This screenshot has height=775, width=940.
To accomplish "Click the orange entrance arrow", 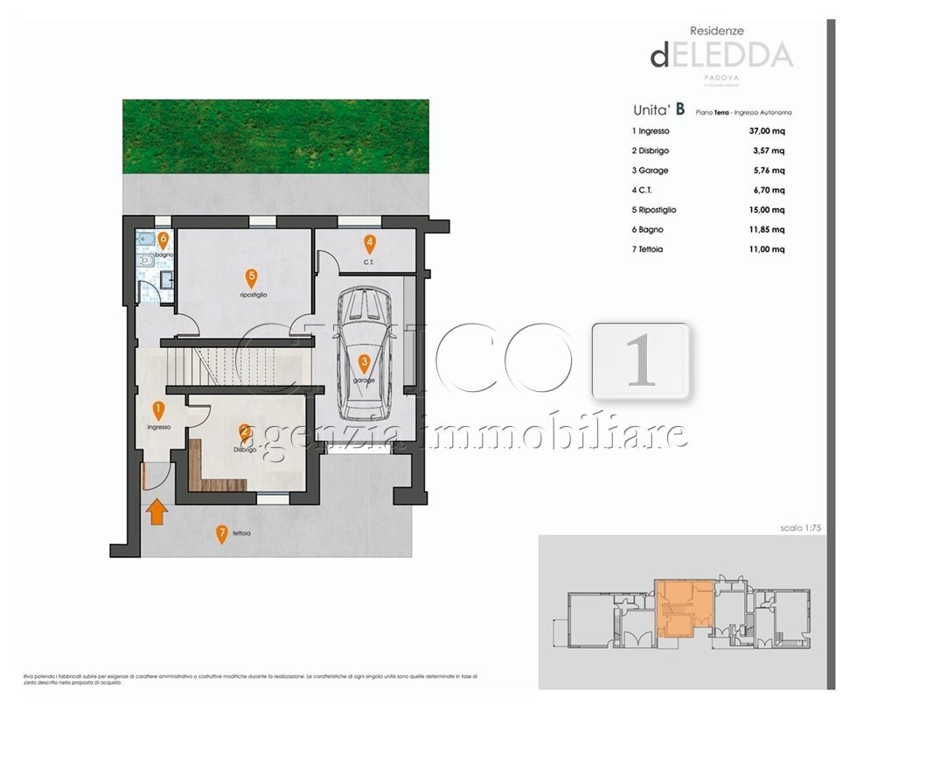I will coord(156,510).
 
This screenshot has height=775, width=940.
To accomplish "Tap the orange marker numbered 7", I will coord(222,533).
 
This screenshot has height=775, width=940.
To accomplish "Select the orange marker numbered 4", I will coord(370,245).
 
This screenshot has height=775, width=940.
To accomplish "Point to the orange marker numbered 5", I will coord(251,279).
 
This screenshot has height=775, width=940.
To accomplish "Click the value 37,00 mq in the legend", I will coord(767,131).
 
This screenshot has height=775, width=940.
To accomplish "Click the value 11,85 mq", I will coord(767,230).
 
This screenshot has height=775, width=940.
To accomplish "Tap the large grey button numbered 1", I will coord(641,361).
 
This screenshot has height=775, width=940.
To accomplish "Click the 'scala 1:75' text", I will coord(803,528).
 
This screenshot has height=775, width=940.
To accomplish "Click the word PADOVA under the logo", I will coord(721,77).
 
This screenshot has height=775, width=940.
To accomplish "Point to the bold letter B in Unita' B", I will coord(679,110).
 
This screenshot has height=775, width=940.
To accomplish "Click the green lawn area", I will coord(275,136).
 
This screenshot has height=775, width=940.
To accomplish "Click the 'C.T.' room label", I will coord(370,262).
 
